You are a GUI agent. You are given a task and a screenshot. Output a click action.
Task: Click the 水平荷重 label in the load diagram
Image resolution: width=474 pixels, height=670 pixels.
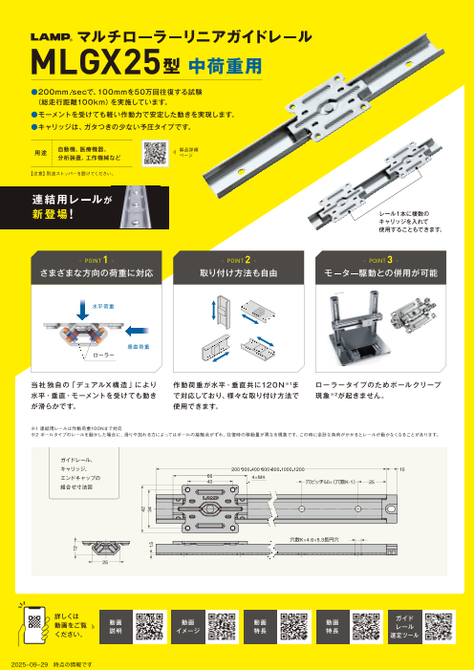point(77,306)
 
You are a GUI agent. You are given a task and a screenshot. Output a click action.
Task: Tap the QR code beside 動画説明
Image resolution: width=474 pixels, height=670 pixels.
point(151,625)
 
